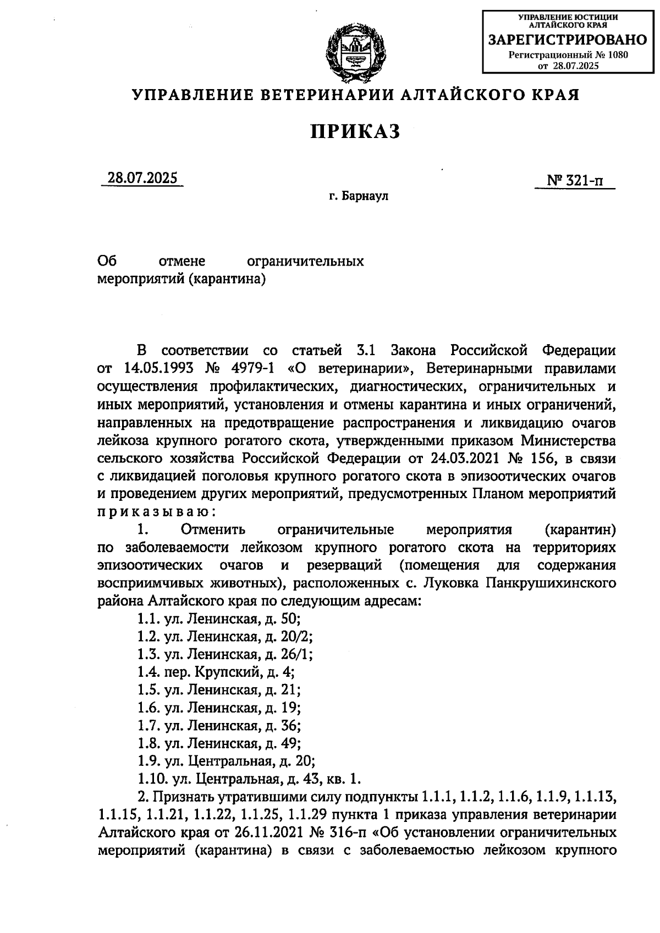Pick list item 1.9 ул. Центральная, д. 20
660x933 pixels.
226,761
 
